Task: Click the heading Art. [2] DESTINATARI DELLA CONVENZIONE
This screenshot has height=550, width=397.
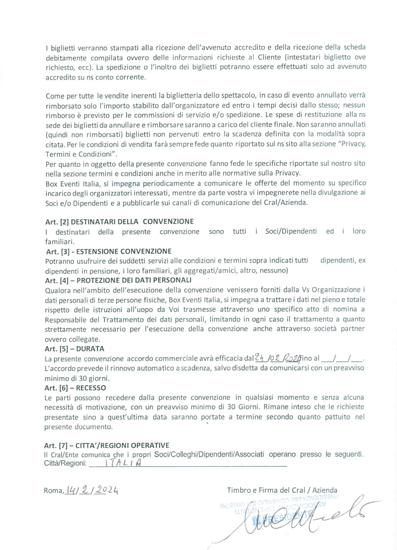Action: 120,221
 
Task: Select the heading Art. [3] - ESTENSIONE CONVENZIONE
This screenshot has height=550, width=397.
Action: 108,251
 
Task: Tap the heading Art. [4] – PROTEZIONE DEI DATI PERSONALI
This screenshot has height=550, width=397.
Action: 118,280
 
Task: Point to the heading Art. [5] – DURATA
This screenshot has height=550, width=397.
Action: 74,349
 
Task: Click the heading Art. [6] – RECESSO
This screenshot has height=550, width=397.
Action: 75,388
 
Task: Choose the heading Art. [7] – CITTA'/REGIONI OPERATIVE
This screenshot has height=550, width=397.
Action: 107,445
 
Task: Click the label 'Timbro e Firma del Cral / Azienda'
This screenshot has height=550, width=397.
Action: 282,490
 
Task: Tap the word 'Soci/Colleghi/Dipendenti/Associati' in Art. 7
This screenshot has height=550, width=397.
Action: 209,454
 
